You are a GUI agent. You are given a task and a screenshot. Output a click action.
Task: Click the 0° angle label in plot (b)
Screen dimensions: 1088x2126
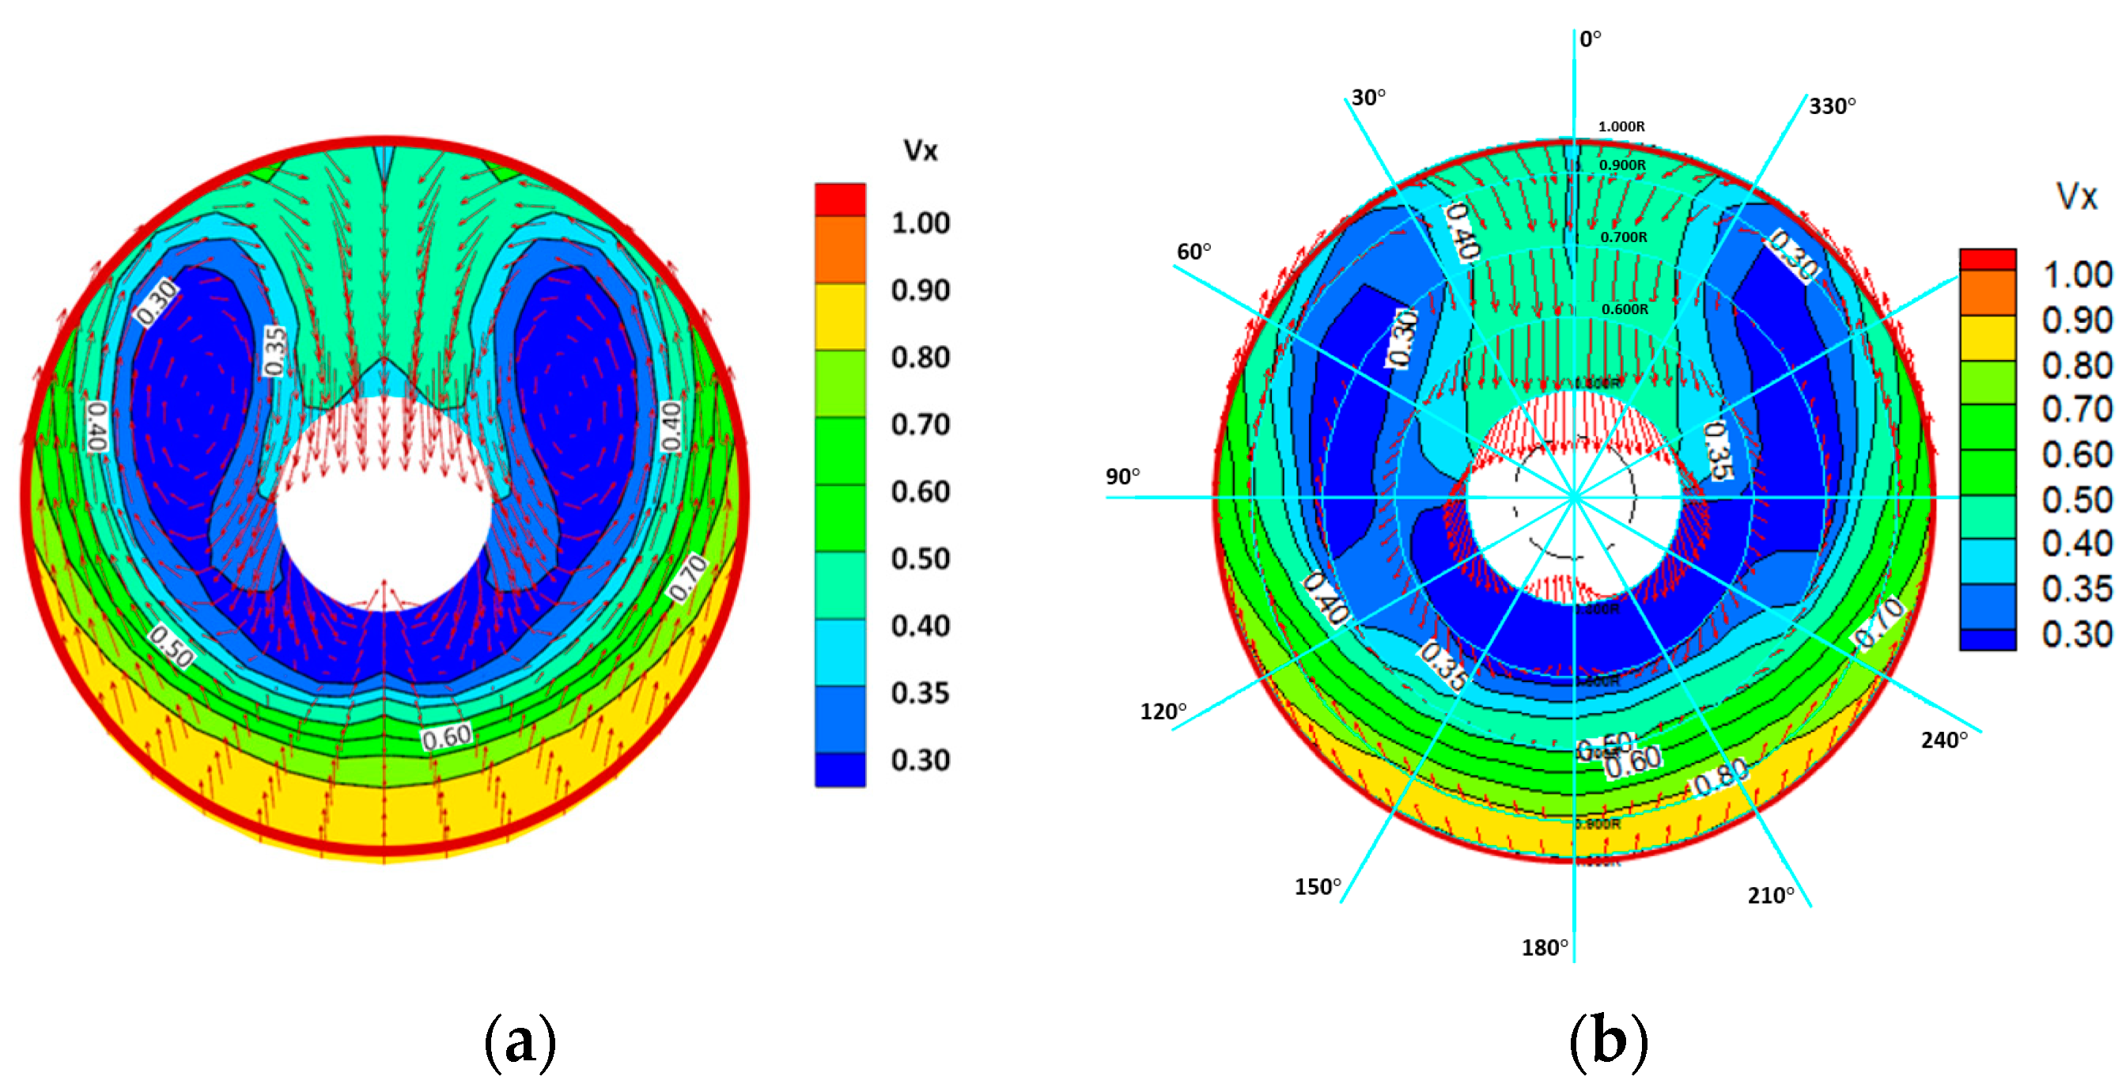click(x=1590, y=39)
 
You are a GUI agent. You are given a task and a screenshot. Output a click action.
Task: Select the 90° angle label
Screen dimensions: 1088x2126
click(x=1122, y=476)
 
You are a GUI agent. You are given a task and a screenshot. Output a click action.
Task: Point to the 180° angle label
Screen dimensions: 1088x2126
click(x=1544, y=948)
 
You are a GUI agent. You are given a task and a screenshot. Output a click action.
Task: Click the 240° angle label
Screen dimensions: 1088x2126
click(x=1943, y=741)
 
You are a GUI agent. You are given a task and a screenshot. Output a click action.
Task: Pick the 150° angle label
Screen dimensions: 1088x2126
click(x=1317, y=887)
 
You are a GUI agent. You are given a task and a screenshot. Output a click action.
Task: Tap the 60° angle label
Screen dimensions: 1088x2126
click(x=1194, y=252)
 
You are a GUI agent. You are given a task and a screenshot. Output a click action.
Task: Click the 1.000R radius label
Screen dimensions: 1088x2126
click(x=1621, y=127)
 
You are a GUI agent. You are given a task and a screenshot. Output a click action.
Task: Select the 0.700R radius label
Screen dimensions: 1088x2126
click(x=1624, y=237)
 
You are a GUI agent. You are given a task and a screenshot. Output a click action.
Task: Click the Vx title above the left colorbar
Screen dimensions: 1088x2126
click(x=920, y=151)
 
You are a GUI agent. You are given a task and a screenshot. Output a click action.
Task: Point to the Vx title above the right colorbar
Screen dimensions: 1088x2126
click(x=2075, y=197)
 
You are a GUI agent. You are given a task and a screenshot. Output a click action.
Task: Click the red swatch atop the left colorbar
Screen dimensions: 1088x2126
click(x=840, y=199)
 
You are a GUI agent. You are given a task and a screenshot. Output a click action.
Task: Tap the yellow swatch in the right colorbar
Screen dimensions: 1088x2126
click(x=1988, y=338)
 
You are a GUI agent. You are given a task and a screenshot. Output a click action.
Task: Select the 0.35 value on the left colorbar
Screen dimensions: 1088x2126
click(x=920, y=693)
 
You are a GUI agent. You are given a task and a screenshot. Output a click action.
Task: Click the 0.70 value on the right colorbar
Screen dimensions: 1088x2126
click(x=2076, y=409)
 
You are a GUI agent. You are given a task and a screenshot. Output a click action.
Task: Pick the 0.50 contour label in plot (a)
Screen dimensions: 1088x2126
click(x=172, y=646)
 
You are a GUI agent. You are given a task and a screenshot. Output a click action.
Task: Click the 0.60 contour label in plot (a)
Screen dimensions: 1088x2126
click(x=447, y=737)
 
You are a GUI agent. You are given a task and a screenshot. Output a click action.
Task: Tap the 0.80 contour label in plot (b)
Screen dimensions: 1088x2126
click(x=1720, y=777)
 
